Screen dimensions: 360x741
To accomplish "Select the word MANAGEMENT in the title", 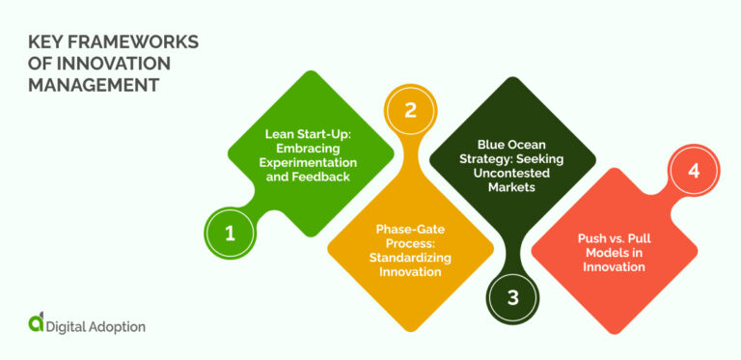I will (x=93, y=84).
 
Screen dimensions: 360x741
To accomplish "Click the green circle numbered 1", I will (x=229, y=232).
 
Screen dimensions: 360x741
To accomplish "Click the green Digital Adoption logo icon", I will (x=35, y=324).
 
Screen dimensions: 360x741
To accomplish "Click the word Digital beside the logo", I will (x=67, y=326).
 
